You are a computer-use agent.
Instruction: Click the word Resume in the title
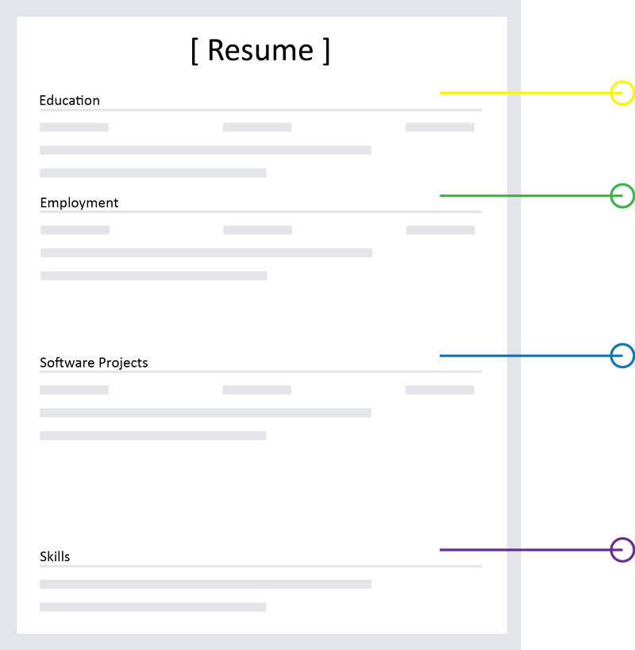[260, 51]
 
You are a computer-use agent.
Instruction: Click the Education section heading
[70, 100]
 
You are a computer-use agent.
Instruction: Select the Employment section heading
[79, 202]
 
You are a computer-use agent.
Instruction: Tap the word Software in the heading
[67, 363]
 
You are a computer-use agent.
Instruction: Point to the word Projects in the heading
[123, 363]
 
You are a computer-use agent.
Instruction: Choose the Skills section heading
[55, 556]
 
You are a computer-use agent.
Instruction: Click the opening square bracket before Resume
[194, 51]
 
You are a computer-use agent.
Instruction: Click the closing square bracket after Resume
[326, 51]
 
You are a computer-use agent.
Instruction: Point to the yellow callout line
[531, 93]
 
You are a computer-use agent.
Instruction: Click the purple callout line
[531, 550]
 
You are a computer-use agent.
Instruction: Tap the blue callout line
[531, 356]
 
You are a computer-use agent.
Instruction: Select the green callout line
[531, 196]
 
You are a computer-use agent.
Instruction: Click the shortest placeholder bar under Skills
[153, 607]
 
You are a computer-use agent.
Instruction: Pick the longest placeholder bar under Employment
[206, 253]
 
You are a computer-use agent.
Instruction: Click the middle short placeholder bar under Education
[257, 127]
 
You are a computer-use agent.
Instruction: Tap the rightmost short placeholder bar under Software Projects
[440, 390]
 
